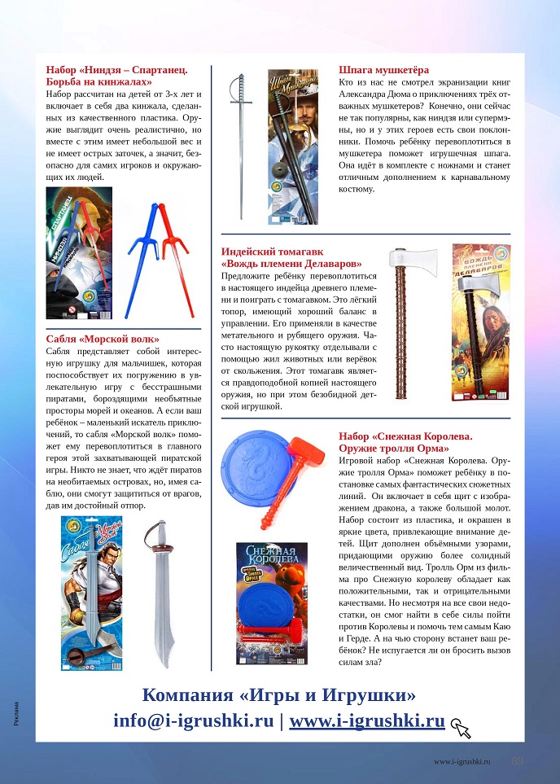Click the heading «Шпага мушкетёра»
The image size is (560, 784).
click(x=383, y=70)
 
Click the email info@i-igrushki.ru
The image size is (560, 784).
click(x=194, y=720)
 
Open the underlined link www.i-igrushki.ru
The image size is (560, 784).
click(x=366, y=720)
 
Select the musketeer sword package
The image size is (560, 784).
click(x=288, y=147)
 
